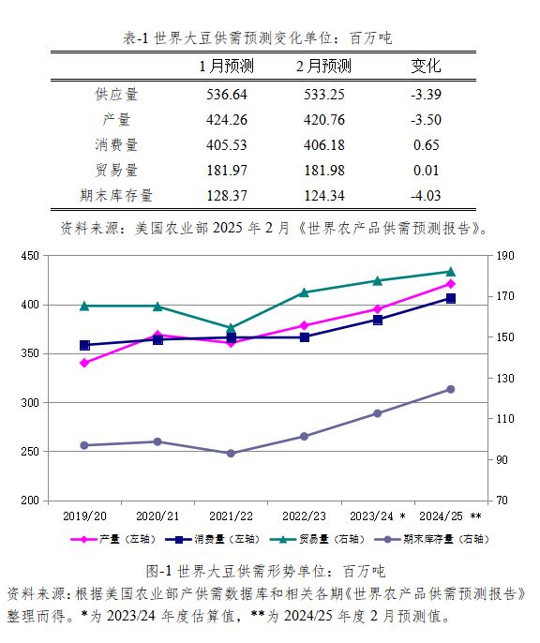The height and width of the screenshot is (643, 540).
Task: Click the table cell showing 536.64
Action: (227, 95)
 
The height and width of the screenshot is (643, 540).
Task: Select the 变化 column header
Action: (426, 66)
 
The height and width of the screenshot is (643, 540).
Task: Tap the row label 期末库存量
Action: (116, 196)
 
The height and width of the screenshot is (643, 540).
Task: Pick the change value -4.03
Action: (426, 196)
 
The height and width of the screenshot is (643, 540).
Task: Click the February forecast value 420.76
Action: (324, 120)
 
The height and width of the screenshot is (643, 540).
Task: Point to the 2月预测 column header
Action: (324, 66)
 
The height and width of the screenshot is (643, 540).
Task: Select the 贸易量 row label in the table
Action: (116, 171)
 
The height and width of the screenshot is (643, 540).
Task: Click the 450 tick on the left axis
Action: (30, 256)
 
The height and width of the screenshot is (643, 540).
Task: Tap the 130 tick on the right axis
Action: (505, 378)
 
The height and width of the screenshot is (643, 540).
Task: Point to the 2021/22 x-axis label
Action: (231, 516)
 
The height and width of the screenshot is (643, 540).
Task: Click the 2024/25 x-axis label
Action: (441, 516)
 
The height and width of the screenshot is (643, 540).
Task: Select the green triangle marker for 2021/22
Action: (231, 328)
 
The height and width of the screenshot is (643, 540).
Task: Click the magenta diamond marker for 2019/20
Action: (85, 363)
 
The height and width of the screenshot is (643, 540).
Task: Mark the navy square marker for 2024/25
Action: (451, 298)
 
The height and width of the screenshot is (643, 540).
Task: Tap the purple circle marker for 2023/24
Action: (377, 413)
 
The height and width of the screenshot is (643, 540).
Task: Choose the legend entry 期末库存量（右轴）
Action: (432, 539)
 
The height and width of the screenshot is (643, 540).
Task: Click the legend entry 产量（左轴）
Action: (113, 539)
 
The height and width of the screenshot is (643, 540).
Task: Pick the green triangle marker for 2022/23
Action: (305, 292)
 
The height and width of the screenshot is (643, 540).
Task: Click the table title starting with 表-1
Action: (258, 38)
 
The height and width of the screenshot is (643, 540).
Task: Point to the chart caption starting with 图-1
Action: (265, 571)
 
